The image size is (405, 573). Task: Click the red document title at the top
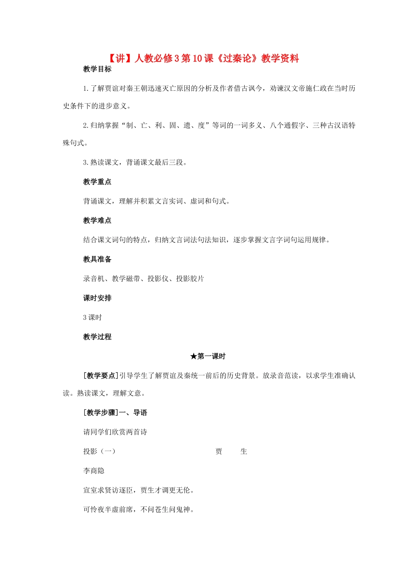[202, 58]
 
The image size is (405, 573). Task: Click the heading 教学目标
[97, 69]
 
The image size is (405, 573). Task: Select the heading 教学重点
[97, 182]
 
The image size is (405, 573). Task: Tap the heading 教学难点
[97, 220]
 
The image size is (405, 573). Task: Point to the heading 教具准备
[97, 259]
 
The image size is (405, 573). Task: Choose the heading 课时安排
[97, 298]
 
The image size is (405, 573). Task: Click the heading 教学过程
[97, 337]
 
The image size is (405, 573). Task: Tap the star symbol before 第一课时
[194, 356]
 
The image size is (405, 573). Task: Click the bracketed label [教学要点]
[101, 376]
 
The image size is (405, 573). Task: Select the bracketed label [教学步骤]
[101, 413]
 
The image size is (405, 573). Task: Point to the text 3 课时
[93, 318]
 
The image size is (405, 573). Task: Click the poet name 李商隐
[94, 471]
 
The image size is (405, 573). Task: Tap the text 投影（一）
[99, 451]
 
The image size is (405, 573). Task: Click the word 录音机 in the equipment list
[94, 279]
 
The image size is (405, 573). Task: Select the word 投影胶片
[190, 279]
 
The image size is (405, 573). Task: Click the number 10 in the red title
[197, 58]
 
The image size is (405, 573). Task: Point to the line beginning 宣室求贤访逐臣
[139, 490]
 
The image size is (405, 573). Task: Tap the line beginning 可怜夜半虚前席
[139, 509]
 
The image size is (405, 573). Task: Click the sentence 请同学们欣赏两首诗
[115, 432]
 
